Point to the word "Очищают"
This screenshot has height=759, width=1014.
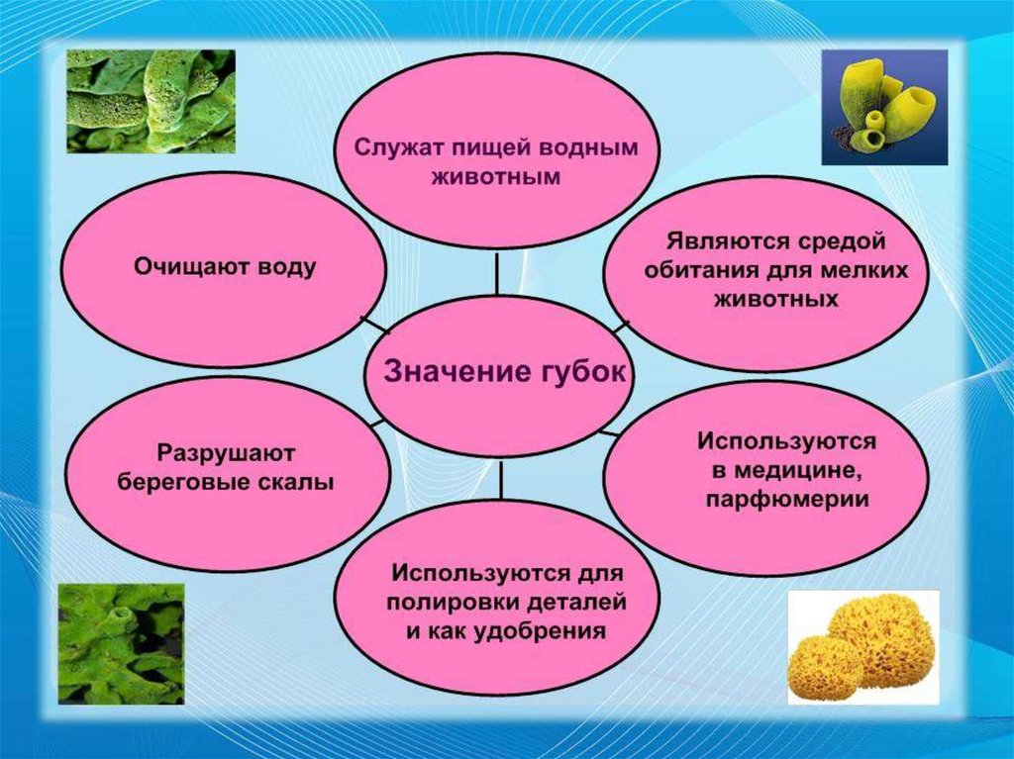[x=191, y=266]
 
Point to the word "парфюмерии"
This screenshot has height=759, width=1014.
[x=787, y=500]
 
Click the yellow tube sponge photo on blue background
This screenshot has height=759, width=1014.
[x=884, y=107]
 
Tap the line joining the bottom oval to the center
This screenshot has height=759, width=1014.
[x=500, y=478]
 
